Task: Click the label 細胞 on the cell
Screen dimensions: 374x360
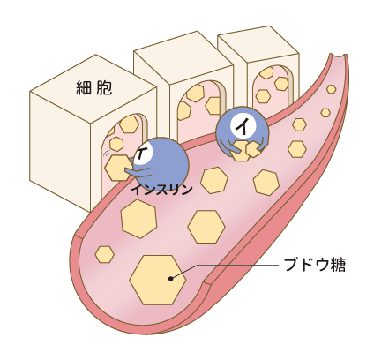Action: pos(94,87)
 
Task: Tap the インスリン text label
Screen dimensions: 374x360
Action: pos(161,190)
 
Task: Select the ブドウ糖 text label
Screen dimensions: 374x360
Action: pos(315,265)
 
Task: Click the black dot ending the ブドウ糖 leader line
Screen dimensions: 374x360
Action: pos(170,278)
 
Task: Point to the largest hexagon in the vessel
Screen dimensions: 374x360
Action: pos(158,280)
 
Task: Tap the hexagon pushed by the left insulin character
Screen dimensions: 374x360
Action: pos(118,168)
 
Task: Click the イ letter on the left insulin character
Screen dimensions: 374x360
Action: pos(143,154)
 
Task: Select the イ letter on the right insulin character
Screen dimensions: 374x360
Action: pos(243,127)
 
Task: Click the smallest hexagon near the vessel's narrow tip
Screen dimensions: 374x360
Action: pos(325,113)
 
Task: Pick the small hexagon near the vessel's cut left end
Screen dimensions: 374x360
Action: pos(105,254)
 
